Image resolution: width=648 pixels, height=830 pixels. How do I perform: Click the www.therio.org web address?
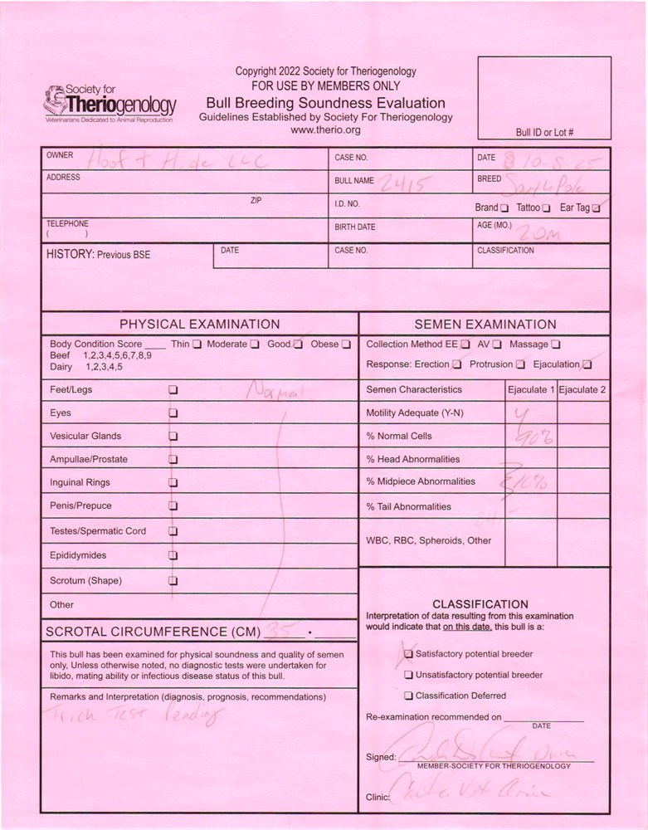pyautogui.click(x=325, y=130)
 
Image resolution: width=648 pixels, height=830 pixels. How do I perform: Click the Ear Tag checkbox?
pyautogui.click(x=596, y=207)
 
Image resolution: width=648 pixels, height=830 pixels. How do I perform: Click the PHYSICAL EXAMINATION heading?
pyautogui.click(x=199, y=325)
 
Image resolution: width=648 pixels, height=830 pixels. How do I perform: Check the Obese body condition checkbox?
pyautogui.click(x=346, y=344)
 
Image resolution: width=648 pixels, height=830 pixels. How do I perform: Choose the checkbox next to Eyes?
pyautogui.click(x=173, y=413)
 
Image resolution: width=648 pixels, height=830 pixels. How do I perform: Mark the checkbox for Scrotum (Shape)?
pyautogui.click(x=173, y=581)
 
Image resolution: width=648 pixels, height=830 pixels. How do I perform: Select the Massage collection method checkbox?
pyautogui.click(x=556, y=344)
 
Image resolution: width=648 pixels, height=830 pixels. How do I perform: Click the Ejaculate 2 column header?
pyautogui.click(x=582, y=389)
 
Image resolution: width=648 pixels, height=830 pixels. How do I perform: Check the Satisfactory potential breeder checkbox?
pyautogui.click(x=408, y=654)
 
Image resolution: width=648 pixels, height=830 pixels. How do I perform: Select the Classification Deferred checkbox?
pyautogui.click(x=408, y=696)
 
